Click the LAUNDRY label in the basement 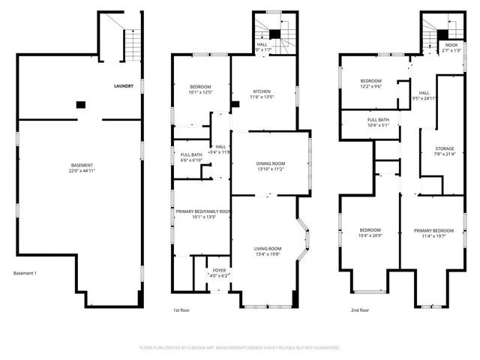pos(124,86)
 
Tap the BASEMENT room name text pos(82,165)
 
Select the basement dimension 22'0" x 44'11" pos(82,171)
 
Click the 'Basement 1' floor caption pos(25,273)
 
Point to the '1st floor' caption pos(181,310)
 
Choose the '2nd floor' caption pos(359,310)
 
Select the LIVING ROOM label pos(268,248)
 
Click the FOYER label pos(219,270)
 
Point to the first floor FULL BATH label pos(192,154)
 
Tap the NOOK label pos(451,45)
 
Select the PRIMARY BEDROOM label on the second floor pos(433,230)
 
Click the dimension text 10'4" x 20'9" pos(370,236)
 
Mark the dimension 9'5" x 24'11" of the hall pos(424,98)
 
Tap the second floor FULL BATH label pos(377,120)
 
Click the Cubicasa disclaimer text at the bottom pos(240,347)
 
